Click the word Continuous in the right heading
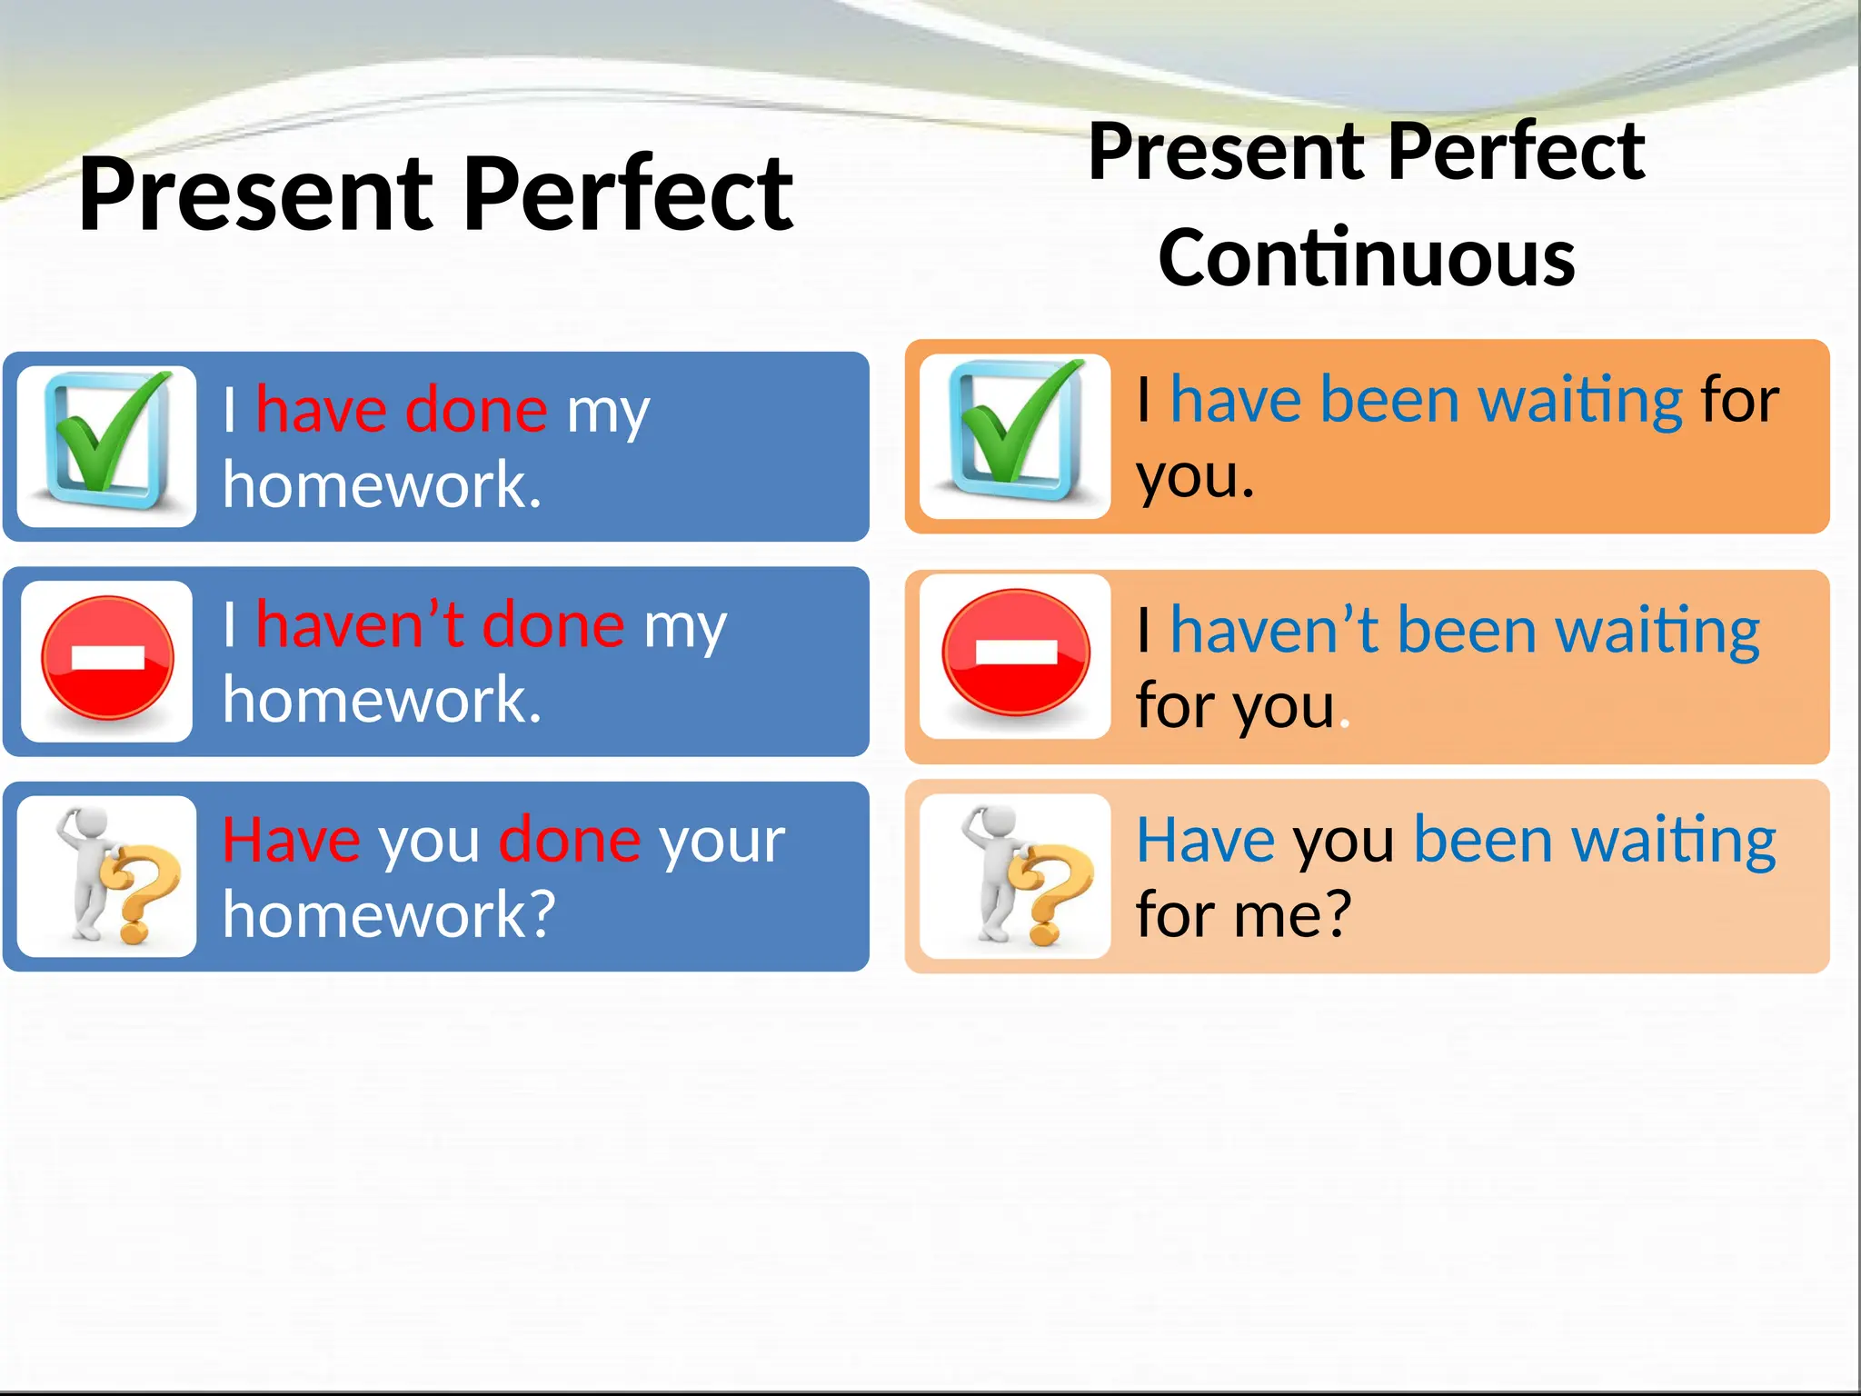tap(1367, 259)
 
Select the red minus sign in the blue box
tap(107, 658)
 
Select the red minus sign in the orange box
tap(1016, 653)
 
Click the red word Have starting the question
tap(291, 840)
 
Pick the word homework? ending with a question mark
tap(389, 914)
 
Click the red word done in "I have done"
tap(476, 410)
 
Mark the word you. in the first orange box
tap(1195, 478)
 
